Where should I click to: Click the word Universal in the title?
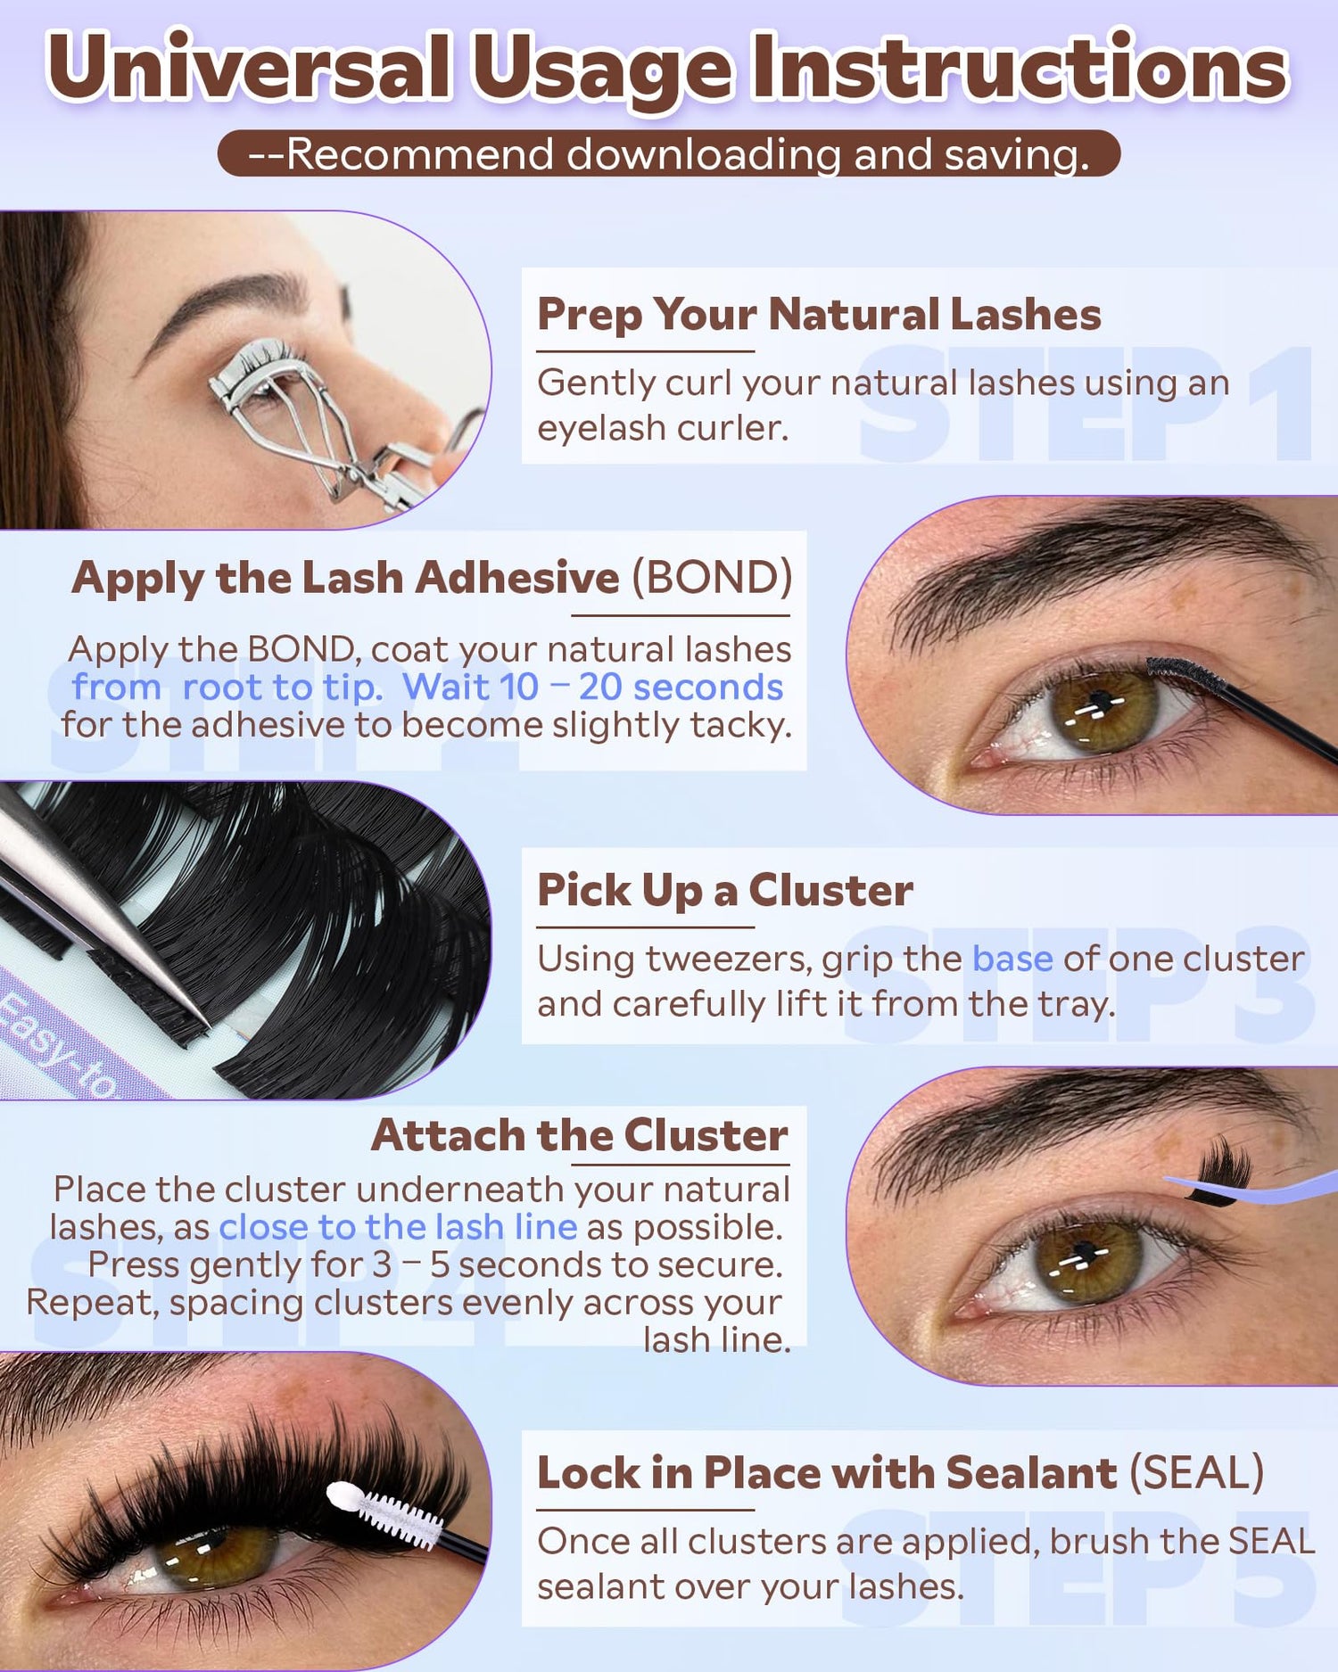tap(249, 68)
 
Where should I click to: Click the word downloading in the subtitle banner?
tap(704, 154)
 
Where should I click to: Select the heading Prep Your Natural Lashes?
tap(819, 314)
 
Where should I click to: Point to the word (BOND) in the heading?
tap(712, 577)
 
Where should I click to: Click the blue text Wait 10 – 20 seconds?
tap(592, 687)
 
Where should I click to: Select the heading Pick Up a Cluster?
tap(725, 890)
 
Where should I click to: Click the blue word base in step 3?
tap(1012, 959)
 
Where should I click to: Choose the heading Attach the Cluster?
tap(580, 1134)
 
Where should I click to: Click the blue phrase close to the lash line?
tap(398, 1227)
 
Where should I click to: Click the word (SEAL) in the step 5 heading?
tap(1196, 1471)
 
